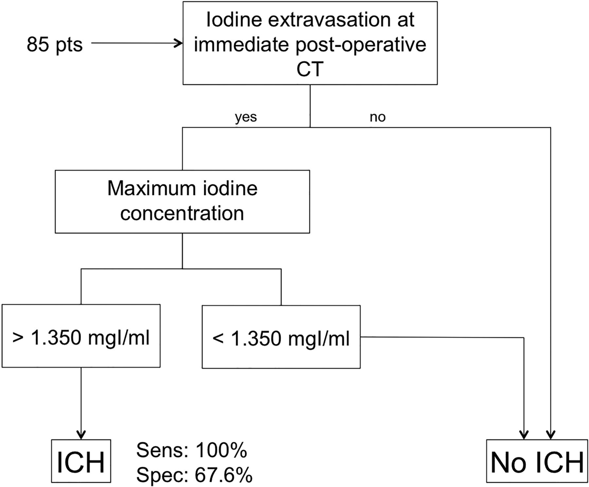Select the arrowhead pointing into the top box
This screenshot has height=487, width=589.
point(179,43)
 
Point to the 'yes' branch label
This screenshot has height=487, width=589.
point(246,117)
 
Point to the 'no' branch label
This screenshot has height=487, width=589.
point(378,117)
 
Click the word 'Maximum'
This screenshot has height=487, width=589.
point(150,189)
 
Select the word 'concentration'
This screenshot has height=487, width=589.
point(182,213)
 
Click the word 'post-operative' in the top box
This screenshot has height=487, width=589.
point(361,45)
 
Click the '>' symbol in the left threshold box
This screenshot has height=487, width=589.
point(18,338)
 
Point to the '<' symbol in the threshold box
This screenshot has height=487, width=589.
point(218,338)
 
